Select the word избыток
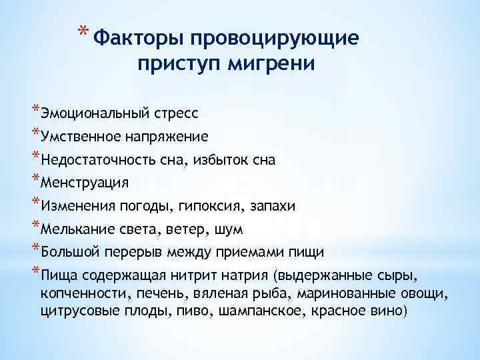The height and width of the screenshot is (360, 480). [217, 161]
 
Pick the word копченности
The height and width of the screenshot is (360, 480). [83, 293]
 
